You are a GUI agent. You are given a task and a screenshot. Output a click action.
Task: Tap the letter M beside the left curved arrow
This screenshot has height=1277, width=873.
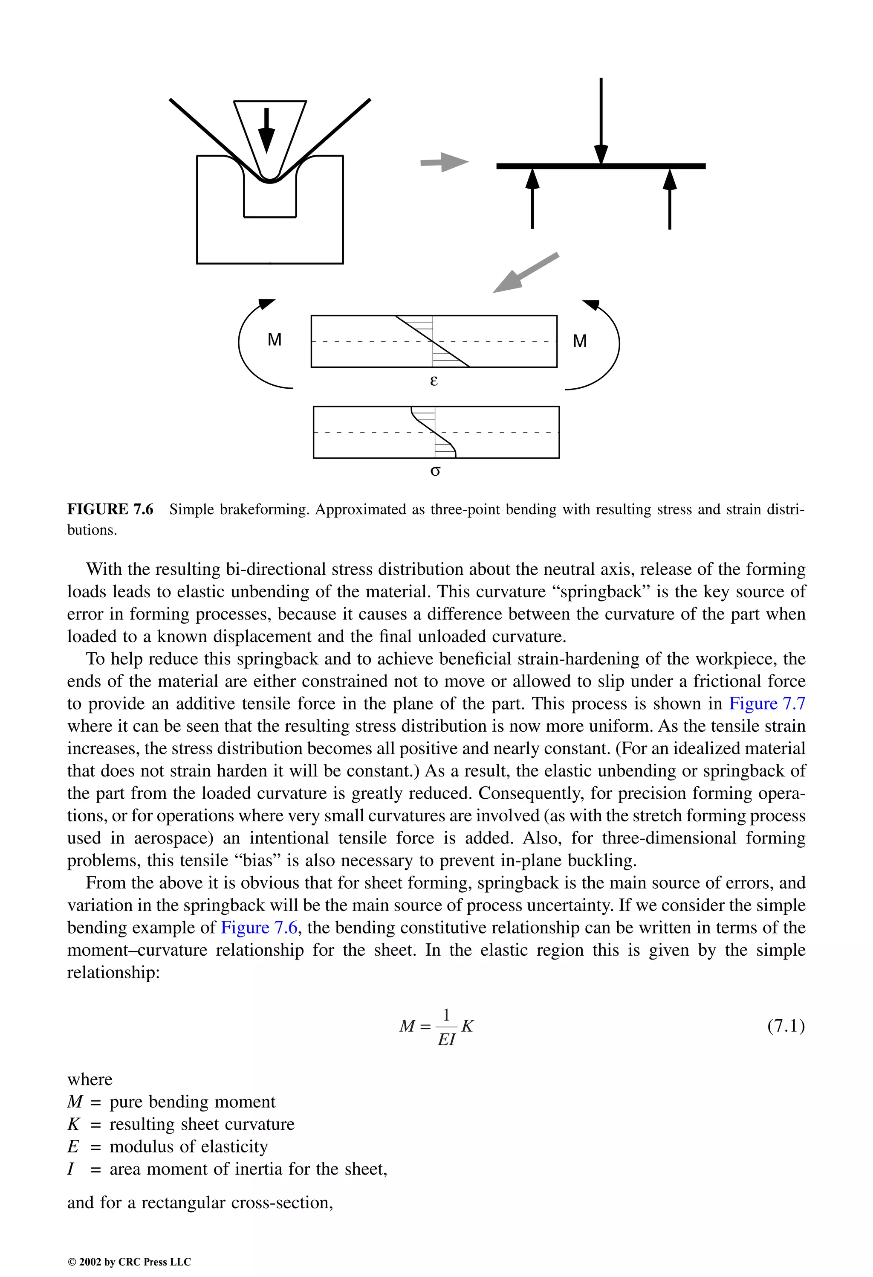click(x=275, y=340)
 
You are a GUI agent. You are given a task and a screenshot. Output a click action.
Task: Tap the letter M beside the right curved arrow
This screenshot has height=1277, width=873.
click(x=580, y=341)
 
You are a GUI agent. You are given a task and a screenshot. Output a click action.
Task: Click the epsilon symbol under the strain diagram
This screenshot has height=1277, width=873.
click(x=434, y=380)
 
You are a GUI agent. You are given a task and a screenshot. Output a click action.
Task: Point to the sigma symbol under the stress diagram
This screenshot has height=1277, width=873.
click(x=435, y=471)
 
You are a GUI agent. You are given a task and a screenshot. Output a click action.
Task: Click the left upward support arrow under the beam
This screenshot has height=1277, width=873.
click(x=532, y=199)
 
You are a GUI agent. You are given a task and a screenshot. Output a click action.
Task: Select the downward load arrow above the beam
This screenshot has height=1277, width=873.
click(x=601, y=121)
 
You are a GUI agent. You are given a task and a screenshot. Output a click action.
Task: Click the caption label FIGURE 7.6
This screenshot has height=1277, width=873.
click(x=110, y=509)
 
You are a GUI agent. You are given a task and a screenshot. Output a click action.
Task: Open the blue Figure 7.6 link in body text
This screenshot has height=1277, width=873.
click(x=259, y=928)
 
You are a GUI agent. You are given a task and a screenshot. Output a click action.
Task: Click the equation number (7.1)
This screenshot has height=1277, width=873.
click(x=786, y=1025)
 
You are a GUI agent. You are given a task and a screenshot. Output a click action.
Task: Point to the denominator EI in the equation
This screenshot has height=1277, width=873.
click(x=446, y=1040)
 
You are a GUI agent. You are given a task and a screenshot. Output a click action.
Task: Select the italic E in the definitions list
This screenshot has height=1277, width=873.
click(x=73, y=1147)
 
